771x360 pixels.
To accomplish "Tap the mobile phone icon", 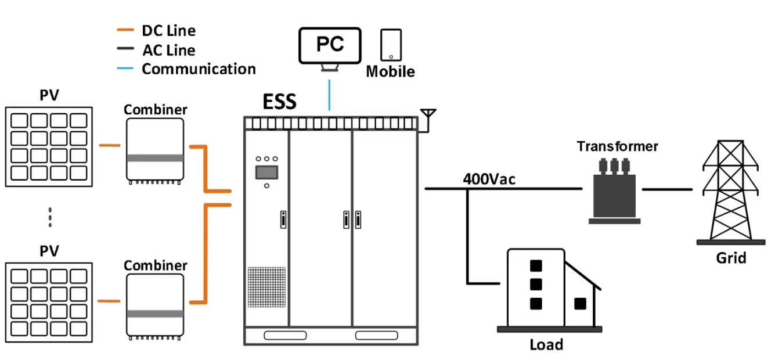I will pos(391,45).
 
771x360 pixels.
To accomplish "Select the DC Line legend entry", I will pos(168,31).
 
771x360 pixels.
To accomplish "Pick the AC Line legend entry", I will pos(168,51).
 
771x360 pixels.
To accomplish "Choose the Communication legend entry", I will pos(199,69).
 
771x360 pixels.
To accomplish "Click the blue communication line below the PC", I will pos(330,95).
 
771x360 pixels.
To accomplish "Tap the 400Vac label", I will pos(489,179).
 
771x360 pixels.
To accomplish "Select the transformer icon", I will pos(614,190).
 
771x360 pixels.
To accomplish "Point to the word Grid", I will pos(730,257).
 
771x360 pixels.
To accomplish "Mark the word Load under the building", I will pos(546,344).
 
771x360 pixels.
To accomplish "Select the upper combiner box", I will pos(155,150).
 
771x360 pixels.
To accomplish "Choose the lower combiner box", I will pos(155,305).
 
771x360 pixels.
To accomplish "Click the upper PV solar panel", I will pos(49,146).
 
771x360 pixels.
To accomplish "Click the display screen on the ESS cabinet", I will pos(266,172).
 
